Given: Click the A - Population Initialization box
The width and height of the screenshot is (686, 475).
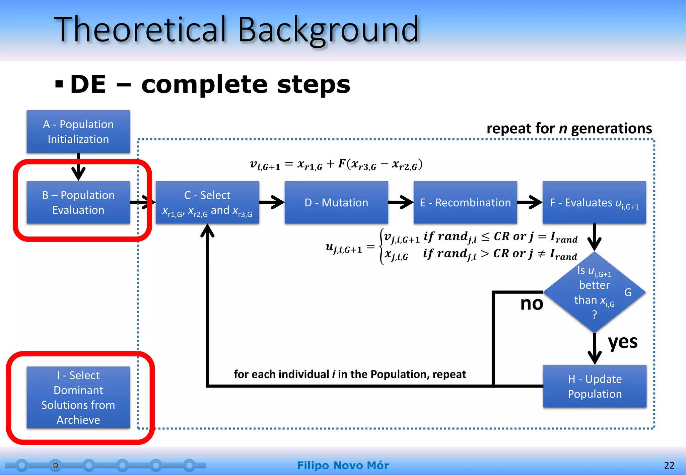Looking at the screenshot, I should pyautogui.click(x=78, y=132).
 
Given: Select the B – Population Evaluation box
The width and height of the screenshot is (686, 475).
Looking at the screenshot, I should pyautogui.click(x=78, y=202).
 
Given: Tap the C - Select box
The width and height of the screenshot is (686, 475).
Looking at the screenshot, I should pyautogui.click(x=207, y=202).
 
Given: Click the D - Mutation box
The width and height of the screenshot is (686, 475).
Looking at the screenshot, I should pyautogui.click(x=336, y=202).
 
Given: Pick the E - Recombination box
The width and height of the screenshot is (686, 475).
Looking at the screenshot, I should pyautogui.click(x=465, y=202).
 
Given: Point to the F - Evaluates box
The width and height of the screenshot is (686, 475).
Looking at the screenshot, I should pyautogui.click(x=594, y=202).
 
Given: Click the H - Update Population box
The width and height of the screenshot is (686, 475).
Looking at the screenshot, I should pyautogui.click(x=595, y=386).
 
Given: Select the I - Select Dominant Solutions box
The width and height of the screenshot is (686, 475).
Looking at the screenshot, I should pyautogui.click(x=78, y=397).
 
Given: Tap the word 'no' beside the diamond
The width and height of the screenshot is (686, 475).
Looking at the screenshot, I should pyautogui.click(x=531, y=303).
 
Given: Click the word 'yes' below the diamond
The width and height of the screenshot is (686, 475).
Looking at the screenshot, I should pyautogui.click(x=622, y=342).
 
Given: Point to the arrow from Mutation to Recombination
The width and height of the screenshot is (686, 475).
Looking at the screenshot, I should pyautogui.click(x=401, y=202).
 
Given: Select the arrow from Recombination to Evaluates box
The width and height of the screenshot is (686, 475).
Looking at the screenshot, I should pyautogui.click(x=530, y=202).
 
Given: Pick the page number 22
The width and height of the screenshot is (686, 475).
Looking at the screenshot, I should pyautogui.click(x=669, y=465).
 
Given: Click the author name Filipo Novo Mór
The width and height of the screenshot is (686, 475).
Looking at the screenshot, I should pyautogui.click(x=343, y=465).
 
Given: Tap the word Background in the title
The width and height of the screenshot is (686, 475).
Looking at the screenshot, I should pyautogui.click(x=328, y=30).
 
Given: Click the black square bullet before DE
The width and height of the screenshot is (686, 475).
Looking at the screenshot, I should pyautogui.click(x=59, y=84).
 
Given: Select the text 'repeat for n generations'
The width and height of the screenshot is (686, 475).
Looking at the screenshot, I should pyautogui.click(x=569, y=128).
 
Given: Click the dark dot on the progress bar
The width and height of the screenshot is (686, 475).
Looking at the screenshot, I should pyautogui.click(x=56, y=465).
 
